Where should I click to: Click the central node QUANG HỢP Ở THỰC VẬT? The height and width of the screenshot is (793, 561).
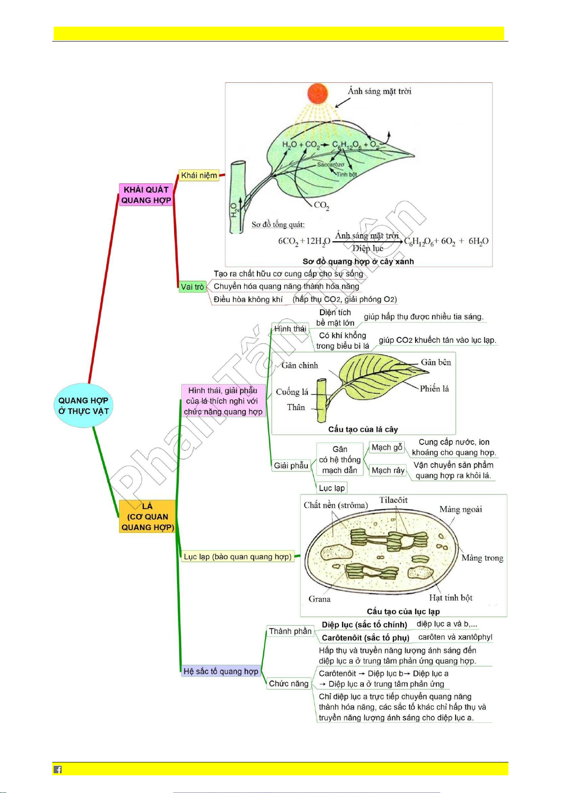tap(83, 405)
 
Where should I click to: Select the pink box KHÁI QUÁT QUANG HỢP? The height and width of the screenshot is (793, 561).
tap(146, 195)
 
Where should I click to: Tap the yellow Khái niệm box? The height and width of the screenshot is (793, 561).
tap(199, 175)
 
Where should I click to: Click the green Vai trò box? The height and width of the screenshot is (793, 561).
tap(192, 286)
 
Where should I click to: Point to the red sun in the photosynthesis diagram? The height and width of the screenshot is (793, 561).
tap(318, 93)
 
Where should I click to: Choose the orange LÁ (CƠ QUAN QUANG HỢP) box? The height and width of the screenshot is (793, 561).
tap(147, 516)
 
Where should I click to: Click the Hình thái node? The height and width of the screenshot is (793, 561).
tap(290, 329)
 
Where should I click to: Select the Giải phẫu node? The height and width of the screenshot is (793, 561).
tap(291, 465)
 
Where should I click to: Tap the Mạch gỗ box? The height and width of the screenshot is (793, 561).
tap(387, 447)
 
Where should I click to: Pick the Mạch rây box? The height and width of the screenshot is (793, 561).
tap(388, 470)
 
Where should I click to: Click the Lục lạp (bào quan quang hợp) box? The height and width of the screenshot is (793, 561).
tap(238, 557)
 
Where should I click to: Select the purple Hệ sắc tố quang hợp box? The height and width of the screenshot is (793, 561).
tap(221, 671)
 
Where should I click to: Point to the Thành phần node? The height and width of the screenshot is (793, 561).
tap(290, 631)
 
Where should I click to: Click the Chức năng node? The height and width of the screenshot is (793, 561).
tap(289, 683)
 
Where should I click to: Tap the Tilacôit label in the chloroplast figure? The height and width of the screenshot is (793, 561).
tap(393, 500)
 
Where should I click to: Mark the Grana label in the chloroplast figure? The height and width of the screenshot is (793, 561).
tap(320, 599)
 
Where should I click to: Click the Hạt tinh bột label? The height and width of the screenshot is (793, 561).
tap(450, 598)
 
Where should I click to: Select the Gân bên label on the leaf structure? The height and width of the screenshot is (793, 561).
tap(436, 362)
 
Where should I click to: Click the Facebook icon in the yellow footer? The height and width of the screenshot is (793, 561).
tap(57, 769)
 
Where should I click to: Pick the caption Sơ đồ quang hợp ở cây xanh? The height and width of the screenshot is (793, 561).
tap(358, 262)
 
